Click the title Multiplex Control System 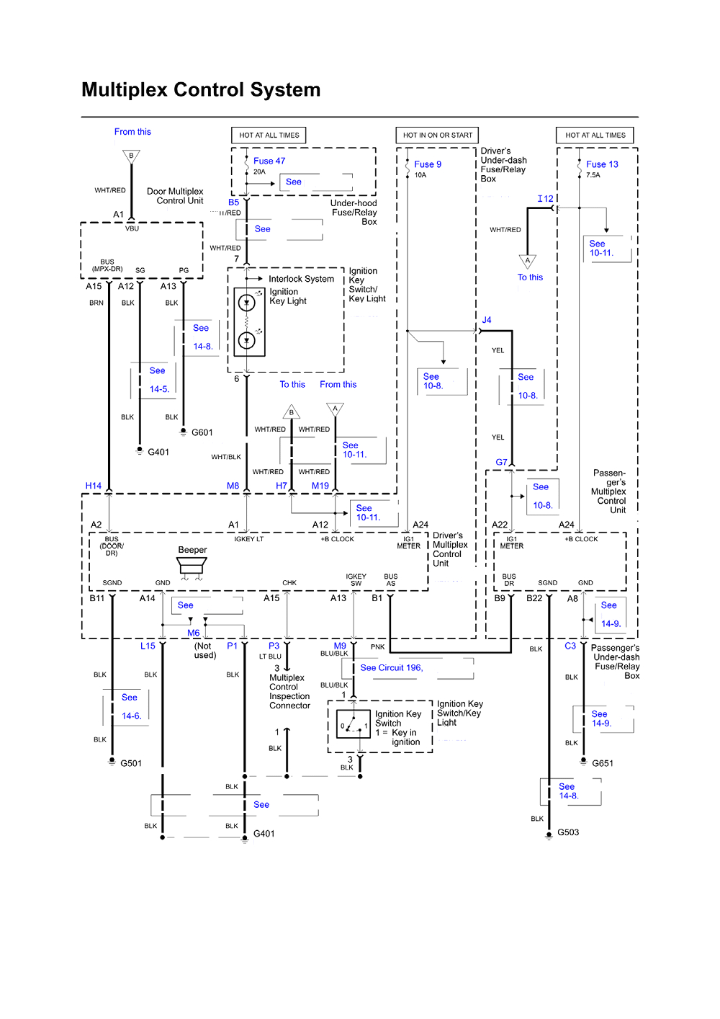tap(201, 90)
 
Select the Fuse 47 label tap(269, 161)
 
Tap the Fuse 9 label tap(428, 164)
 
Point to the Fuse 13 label tap(602, 164)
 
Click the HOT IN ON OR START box tap(437, 135)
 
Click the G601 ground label tap(202, 432)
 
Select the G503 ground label tap(567, 832)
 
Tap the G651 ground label tap(602, 763)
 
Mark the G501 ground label tap(130, 763)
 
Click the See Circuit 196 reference tap(392, 668)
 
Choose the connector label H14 tap(94, 486)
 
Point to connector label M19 tap(320, 486)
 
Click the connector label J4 tap(487, 320)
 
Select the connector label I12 tap(545, 199)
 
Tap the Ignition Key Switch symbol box tap(354, 724)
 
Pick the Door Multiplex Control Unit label tap(175, 196)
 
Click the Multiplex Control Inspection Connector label tap(289, 692)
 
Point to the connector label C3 tap(570, 646)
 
